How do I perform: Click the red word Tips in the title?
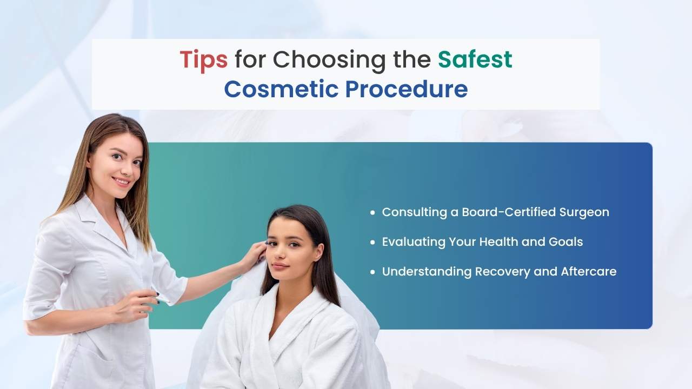point(203,59)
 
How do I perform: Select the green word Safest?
point(475,59)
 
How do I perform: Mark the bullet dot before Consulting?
point(372,213)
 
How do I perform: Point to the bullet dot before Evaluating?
point(372,242)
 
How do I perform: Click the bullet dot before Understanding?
point(372,272)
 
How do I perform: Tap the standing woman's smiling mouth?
point(121,182)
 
